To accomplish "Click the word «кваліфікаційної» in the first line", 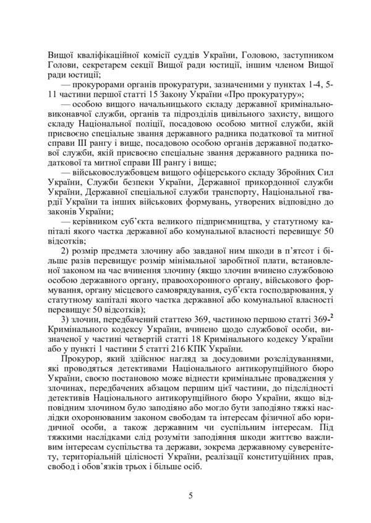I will coord(106,54).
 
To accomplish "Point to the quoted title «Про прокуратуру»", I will coord(268,95).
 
